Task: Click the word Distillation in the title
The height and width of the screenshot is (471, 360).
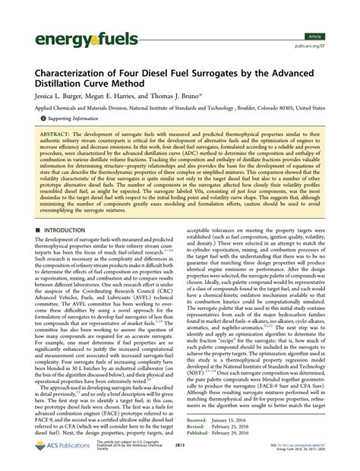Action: [65, 86]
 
